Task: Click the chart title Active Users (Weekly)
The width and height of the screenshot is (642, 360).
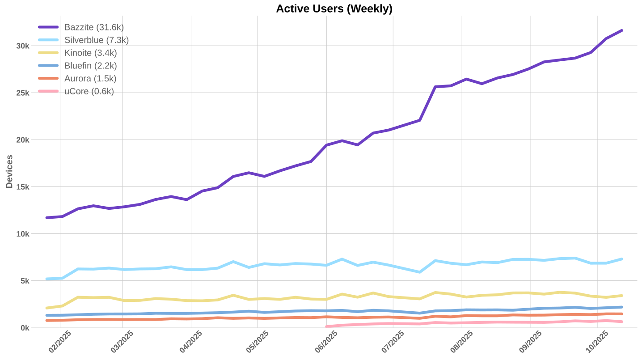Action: (x=334, y=8)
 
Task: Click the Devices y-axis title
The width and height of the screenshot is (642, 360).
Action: (x=9, y=172)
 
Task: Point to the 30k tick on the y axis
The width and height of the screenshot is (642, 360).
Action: (x=23, y=46)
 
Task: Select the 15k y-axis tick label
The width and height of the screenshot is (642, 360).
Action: (x=23, y=187)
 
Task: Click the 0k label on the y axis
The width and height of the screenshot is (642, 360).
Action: (x=25, y=328)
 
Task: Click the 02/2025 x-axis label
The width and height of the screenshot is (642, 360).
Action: (x=59, y=342)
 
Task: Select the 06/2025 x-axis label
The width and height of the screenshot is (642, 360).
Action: (x=326, y=342)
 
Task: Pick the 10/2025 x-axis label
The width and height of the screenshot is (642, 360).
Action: (x=597, y=342)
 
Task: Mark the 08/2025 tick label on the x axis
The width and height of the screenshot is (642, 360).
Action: (x=462, y=342)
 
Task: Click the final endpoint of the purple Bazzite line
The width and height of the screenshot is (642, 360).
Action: (x=622, y=30)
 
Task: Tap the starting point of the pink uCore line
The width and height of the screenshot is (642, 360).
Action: (x=326, y=326)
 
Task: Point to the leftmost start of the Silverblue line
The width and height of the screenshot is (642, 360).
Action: (x=46, y=279)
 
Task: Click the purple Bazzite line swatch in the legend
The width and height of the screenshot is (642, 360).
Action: (x=48, y=27)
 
